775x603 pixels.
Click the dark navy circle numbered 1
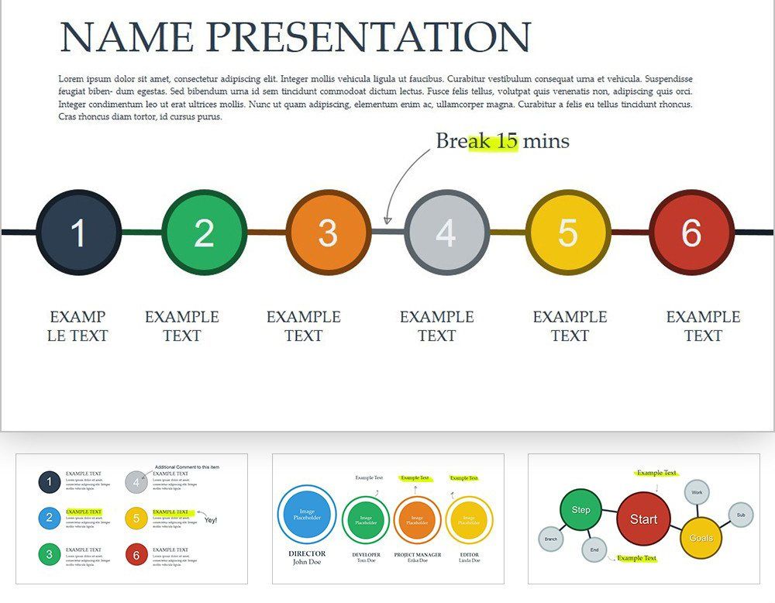[78, 233]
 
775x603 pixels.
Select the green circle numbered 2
[204, 233]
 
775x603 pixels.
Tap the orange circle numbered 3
[328, 233]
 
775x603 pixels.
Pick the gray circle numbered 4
[446, 233]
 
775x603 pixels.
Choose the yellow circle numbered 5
[567, 233]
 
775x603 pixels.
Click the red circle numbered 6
[691, 233]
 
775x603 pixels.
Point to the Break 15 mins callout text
[502, 141]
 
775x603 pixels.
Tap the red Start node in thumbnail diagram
[643, 519]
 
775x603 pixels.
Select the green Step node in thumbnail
[581, 509]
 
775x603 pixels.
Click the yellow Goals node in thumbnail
[701, 538]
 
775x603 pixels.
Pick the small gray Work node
[697, 492]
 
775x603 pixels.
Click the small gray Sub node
[740, 515]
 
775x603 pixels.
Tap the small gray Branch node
[551, 539]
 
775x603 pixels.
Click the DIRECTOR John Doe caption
[307, 558]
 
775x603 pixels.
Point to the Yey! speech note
[210, 519]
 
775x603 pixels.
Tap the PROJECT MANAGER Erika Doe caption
[417, 557]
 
